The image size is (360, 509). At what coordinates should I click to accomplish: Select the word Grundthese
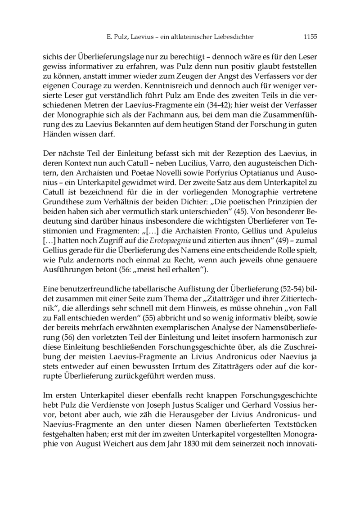click(x=61, y=190)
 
